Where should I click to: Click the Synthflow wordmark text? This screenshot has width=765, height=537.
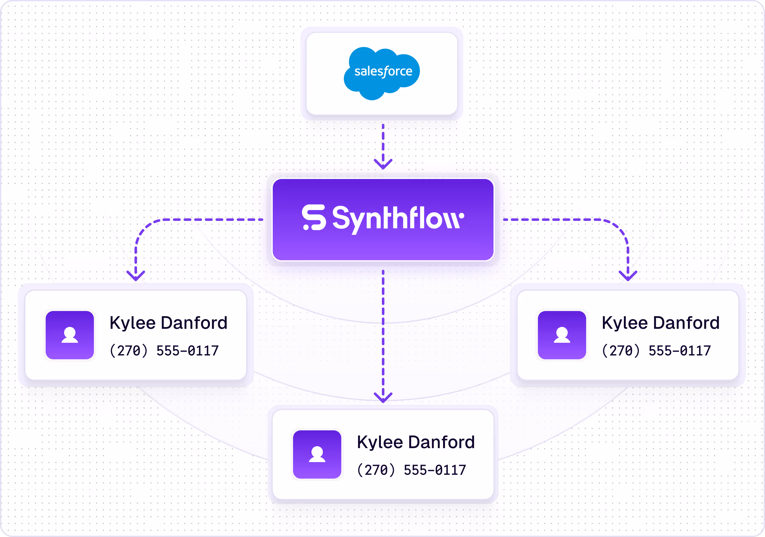point(398,218)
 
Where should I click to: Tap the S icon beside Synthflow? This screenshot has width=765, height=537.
point(314,217)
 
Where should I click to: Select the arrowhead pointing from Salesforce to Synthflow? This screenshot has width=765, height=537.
point(383,164)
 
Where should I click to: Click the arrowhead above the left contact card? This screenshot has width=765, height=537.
point(136,276)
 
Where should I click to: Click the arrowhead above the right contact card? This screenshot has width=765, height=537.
point(628,276)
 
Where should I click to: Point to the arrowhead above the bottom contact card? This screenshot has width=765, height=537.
point(383,397)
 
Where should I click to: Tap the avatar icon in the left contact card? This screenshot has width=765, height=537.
point(70,335)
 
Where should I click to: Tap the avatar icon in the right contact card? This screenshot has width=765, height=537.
point(562,335)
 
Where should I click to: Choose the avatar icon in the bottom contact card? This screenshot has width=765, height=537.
point(317,454)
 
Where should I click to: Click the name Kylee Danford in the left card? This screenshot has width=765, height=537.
point(168,323)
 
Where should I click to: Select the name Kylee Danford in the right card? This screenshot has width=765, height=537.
point(660,323)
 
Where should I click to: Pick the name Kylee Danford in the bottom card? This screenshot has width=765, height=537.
point(415,442)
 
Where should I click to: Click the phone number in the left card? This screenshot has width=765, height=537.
point(164,351)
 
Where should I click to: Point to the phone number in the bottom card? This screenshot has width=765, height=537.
point(411,470)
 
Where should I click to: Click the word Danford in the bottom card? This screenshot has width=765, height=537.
point(441,442)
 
